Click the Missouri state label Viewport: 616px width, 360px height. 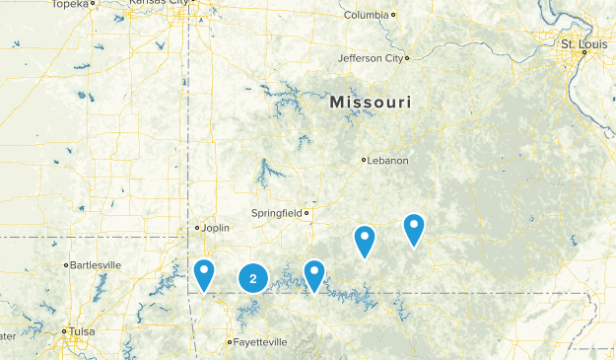372,103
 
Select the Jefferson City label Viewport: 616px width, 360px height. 370,58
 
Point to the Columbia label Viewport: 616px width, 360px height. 366,15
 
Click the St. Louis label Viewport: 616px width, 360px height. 580,44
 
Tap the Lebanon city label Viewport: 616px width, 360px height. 387,160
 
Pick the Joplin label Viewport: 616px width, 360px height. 215,228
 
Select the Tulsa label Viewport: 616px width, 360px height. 82,332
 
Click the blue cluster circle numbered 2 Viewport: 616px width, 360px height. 253,279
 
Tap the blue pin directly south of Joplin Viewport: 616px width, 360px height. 204,274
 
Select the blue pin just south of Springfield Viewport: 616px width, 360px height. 314,275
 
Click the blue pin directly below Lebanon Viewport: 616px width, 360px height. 365,240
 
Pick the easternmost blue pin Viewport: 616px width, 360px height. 414,228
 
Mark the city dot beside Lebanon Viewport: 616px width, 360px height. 364,160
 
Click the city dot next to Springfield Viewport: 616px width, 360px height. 307,213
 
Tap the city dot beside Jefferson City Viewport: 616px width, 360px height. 405,58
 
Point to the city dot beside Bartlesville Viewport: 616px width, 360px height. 67,265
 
